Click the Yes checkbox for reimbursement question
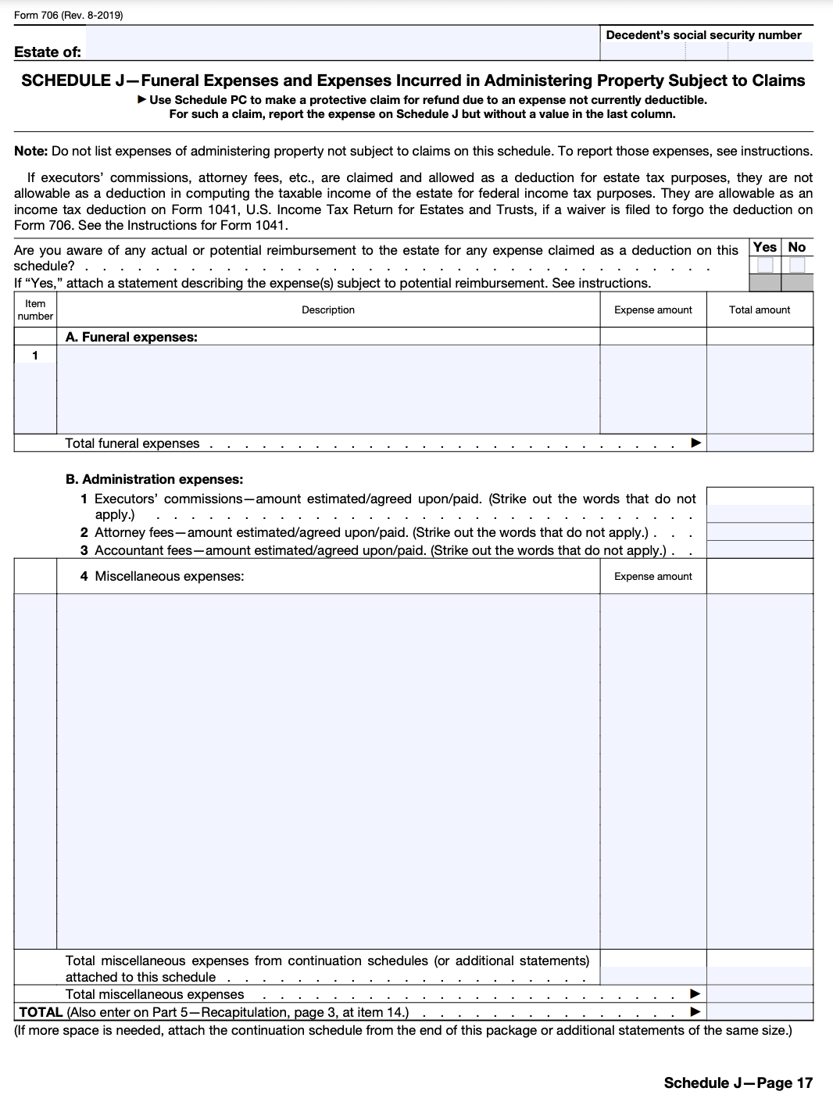[x=765, y=265]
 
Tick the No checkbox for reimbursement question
[x=796, y=265]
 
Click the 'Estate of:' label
[x=48, y=52]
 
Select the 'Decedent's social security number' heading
[x=703, y=35]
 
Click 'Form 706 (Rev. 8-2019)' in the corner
[x=68, y=15]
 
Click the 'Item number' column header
[x=35, y=310]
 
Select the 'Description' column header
[x=328, y=310]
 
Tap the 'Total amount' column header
[x=759, y=310]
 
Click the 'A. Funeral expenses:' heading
[x=131, y=337]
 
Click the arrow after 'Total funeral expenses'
[x=695, y=443]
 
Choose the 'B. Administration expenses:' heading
[x=154, y=479]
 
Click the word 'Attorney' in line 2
[x=119, y=532]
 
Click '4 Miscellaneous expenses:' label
[x=162, y=576]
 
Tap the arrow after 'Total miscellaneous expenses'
[x=695, y=994]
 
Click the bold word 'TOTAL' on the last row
[x=41, y=1012]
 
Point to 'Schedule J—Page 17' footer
[x=738, y=1082]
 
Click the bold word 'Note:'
[x=31, y=151]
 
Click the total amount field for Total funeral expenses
[x=760, y=443]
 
